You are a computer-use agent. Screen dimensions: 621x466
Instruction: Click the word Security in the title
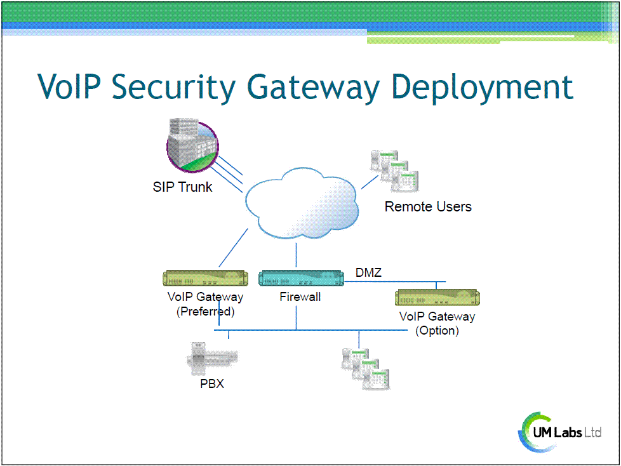click(173, 88)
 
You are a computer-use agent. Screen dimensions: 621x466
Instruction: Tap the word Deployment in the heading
click(482, 88)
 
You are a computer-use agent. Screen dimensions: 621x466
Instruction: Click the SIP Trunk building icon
click(192, 145)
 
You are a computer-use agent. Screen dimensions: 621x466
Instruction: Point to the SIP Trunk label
click(183, 187)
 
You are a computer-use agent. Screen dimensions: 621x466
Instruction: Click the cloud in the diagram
click(302, 203)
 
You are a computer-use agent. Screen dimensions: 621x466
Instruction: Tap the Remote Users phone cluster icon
click(394, 171)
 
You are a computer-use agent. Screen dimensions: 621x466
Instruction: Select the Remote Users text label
click(428, 207)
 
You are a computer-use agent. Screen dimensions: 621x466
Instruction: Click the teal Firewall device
click(301, 278)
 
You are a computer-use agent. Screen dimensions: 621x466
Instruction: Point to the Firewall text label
click(300, 297)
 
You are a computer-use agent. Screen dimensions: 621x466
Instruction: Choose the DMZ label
click(368, 272)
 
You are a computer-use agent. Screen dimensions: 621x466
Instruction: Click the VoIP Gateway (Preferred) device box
click(206, 278)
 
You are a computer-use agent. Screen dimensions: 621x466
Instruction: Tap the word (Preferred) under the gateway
click(206, 312)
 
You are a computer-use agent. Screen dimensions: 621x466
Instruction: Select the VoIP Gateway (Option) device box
click(437, 297)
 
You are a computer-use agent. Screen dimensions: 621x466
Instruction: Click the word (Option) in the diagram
click(437, 331)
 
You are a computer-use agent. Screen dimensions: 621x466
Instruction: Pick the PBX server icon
click(212, 359)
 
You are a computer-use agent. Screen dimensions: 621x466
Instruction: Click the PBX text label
click(212, 383)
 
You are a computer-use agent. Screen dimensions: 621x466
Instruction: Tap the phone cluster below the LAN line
click(365, 369)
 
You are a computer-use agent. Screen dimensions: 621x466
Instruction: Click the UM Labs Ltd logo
click(560, 432)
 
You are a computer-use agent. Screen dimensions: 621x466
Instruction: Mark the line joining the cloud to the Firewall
click(297, 255)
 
